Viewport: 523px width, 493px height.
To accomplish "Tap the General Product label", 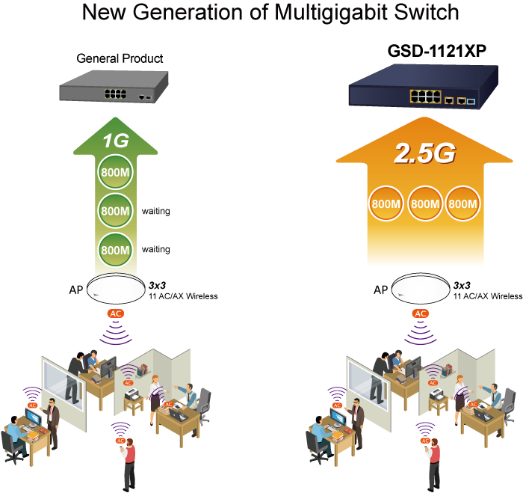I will pos(120,58).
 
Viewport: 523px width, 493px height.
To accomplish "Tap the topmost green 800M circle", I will pos(116,172).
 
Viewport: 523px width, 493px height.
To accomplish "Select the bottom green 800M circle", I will pos(116,248).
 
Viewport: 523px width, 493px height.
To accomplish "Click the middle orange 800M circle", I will pos(424,203).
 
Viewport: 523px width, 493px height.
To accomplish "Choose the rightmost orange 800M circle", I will pos(463,203).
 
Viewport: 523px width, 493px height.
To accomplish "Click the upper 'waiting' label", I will pos(155,212).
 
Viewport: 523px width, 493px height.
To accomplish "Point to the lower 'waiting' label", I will pos(155,250).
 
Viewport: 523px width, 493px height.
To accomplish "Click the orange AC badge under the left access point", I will pos(116,313).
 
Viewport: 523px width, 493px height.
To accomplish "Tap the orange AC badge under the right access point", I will pos(421,313).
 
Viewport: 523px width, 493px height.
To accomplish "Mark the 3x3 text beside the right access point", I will pos(462,285).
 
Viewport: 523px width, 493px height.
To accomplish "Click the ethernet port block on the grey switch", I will pos(115,94).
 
